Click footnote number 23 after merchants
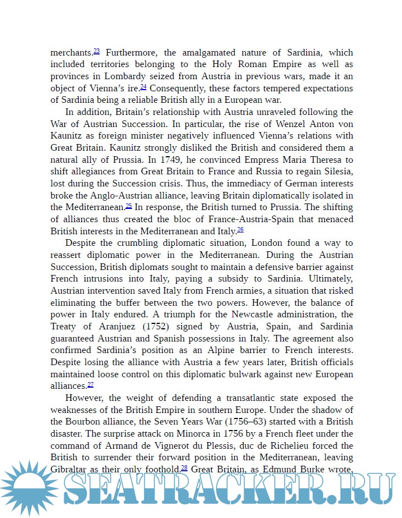tap(96, 51)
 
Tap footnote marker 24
tap(143, 87)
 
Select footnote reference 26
tap(240, 229)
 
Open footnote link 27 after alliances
tap(91, 384)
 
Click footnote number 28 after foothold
tap(184, 467)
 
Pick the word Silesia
tap(337, 172)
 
